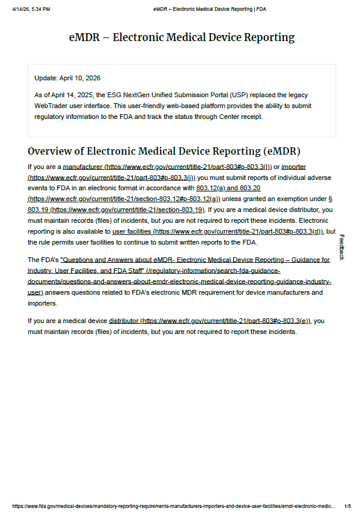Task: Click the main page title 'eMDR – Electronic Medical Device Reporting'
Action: click(x=182, y=37)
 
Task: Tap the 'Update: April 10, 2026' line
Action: click(x=68, y=79)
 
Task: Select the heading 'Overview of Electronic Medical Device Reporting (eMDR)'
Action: click(x=164, y=151)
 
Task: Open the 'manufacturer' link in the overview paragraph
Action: click(x=83, y=167)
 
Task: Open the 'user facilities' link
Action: click(x=132, y=231)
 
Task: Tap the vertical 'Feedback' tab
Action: click(x=341, y=247)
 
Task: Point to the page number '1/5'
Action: click(x=347, y=506)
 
